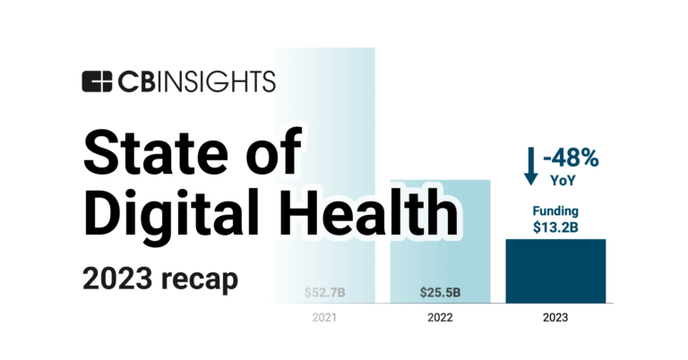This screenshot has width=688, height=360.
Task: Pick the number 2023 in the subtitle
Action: tap(117, 278)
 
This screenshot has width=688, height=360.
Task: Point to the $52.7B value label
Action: tap(324, 292)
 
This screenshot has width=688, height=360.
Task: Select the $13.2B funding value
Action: tap(555, 227)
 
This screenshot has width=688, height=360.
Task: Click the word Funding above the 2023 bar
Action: tap(555, 211)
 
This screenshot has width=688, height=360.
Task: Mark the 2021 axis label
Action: tap(324, 317)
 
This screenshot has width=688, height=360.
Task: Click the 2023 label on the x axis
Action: tap(555, 317)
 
